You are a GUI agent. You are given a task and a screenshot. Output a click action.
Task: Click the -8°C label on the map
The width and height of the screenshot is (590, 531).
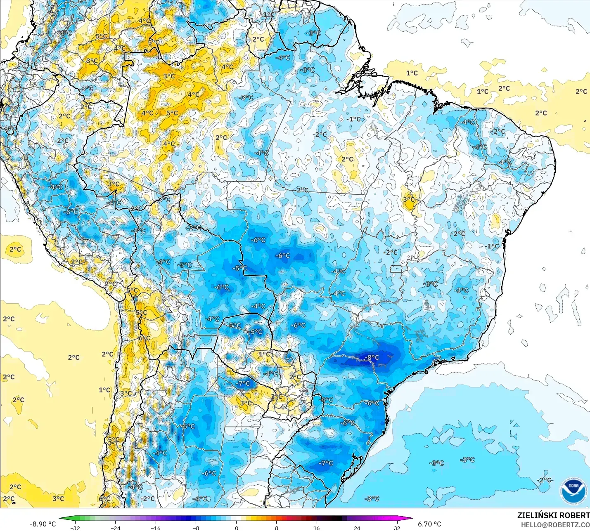point(372,357)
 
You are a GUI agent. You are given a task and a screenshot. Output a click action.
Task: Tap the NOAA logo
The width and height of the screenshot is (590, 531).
point(573,491)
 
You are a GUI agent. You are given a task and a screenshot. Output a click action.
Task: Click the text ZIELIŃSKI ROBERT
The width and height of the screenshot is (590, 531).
point(553,516)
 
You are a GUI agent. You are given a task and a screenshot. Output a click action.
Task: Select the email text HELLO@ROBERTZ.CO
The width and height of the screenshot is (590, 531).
point(555,525)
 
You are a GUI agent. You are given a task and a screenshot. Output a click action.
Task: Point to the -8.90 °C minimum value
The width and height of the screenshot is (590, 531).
point(43,524)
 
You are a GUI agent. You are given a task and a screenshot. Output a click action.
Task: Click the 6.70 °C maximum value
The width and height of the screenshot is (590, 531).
point(429,524)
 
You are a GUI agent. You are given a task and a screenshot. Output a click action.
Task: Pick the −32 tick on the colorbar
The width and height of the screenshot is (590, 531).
point(75,528)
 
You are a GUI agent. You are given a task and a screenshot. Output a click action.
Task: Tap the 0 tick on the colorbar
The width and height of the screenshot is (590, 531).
point(236,528)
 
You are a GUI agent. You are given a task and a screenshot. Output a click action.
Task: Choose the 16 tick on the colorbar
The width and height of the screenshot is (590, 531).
point(317,528)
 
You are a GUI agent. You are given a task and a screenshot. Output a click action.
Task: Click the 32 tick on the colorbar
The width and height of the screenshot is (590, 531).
point(397,528)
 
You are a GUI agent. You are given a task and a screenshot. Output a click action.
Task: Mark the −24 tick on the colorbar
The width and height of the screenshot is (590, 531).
point(115,528)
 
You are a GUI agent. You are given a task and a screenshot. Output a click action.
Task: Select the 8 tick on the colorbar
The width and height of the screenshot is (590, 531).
point(276,528)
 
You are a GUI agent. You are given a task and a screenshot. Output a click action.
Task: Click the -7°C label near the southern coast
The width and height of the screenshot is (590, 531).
point(326,463)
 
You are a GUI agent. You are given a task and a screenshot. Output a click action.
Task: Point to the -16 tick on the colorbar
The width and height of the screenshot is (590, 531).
point(155,528)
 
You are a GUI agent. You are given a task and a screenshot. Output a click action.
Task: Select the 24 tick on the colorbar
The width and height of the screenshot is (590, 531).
point(357,528)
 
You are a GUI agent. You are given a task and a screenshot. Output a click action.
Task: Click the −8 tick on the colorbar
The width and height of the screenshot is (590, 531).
point(196,528)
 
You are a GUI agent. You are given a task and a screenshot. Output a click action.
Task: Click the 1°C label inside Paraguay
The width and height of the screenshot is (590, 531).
point(264,354)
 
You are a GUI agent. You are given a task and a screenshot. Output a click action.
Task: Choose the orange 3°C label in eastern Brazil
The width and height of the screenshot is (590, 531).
point(409,199)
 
